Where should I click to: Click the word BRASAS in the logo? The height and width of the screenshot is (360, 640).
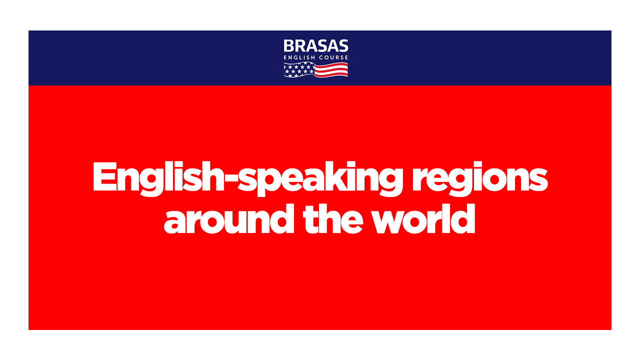pos(315,45)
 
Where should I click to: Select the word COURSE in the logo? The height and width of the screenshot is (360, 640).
pos(333,57)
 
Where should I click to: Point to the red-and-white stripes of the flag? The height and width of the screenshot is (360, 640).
pos(331,70)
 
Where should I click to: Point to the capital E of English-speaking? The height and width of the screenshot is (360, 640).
pos(105,176)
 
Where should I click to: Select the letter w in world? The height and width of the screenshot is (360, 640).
pos(393,222)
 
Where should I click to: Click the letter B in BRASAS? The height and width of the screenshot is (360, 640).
pos(289,45)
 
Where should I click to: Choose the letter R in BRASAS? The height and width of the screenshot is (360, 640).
pos(301,45)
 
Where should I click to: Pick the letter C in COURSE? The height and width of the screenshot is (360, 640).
pos(321,57)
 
